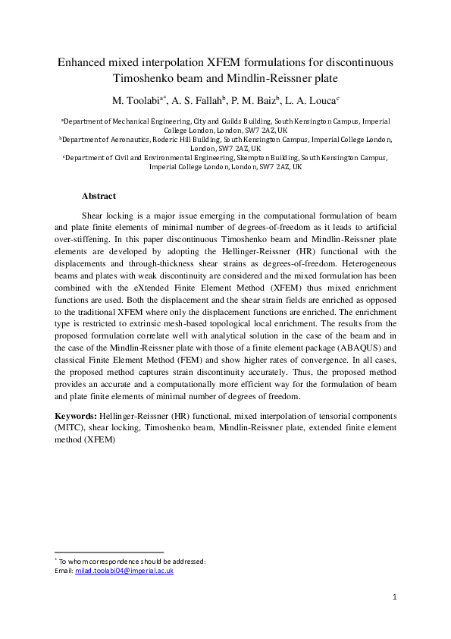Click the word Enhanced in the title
point(83,62)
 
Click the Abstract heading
point(99,195)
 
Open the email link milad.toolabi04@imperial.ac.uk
point(124,571)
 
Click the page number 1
point(395,599)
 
